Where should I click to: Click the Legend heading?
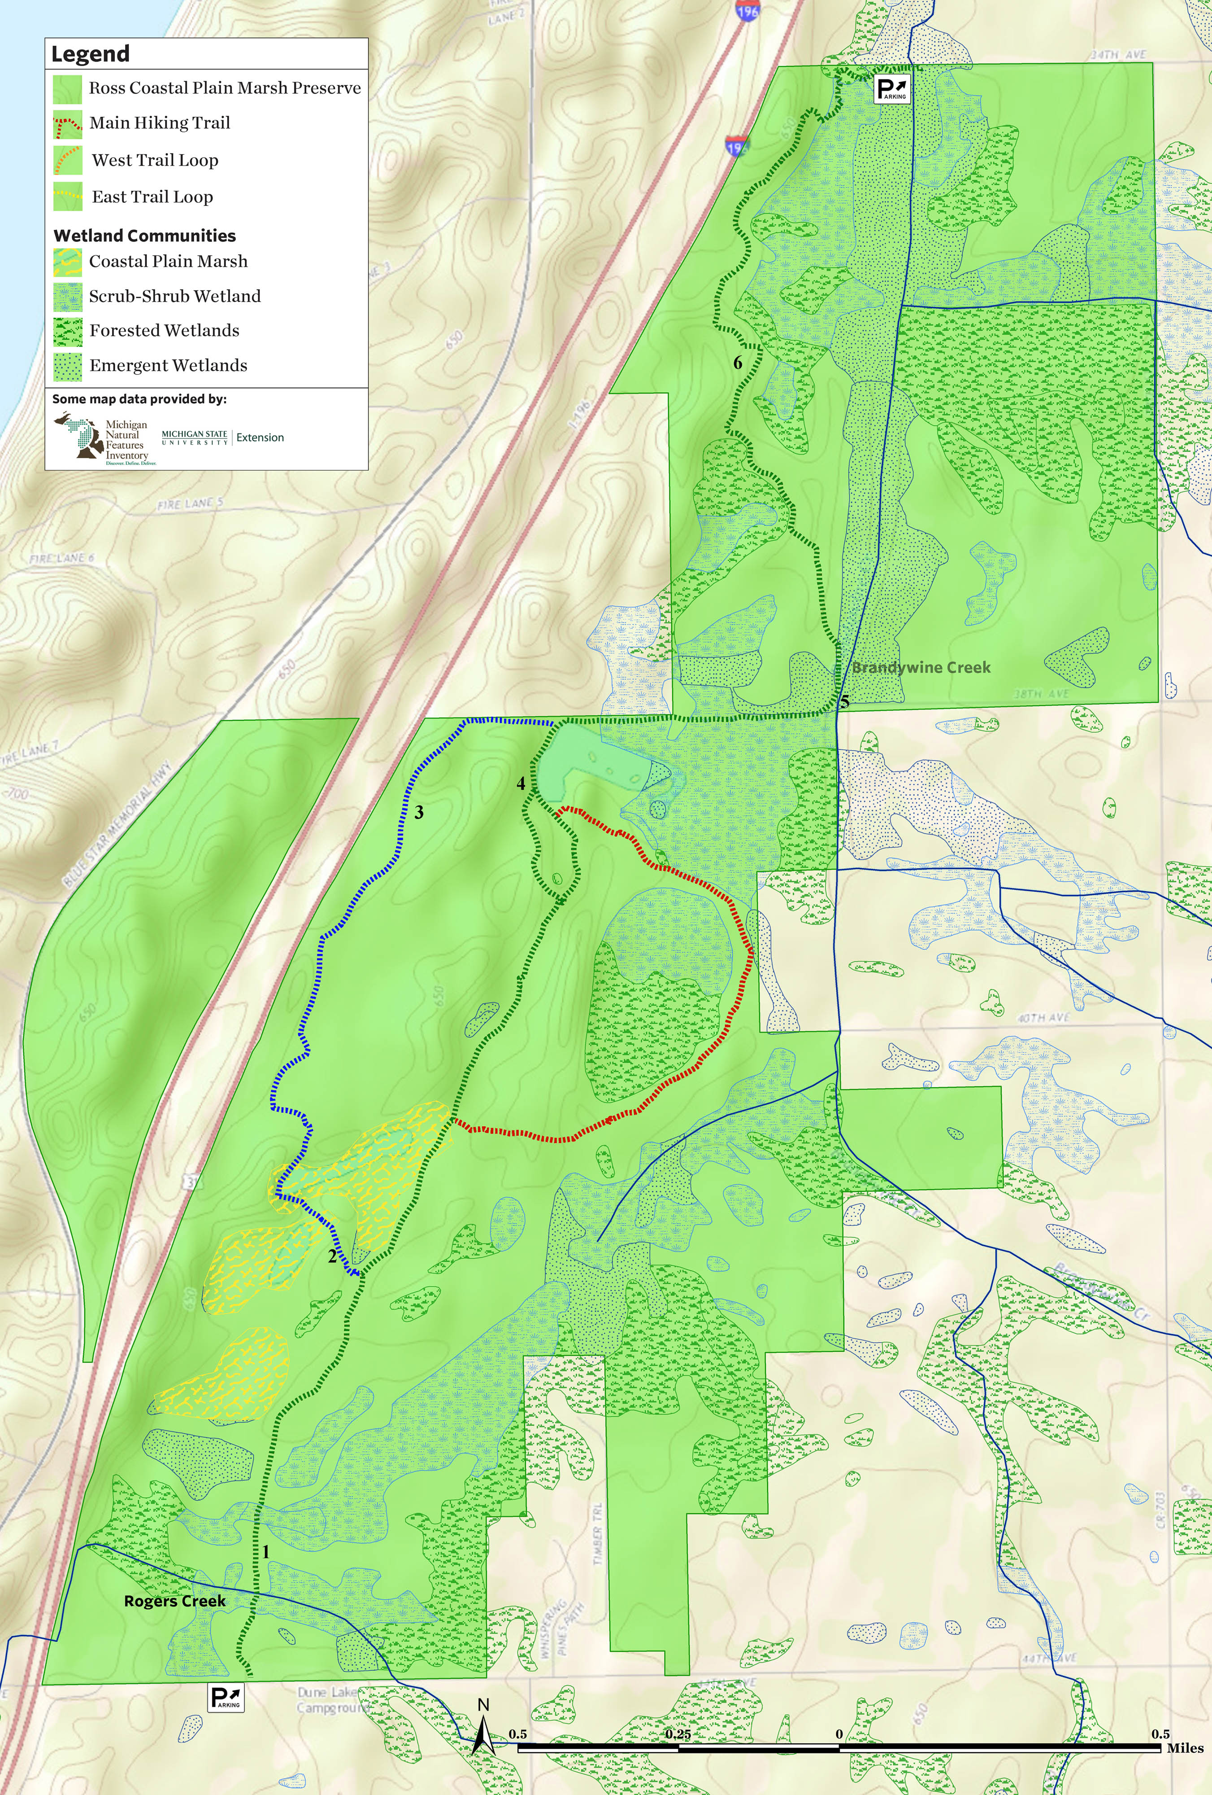tap(90, 54)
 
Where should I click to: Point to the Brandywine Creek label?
tap(921, 667)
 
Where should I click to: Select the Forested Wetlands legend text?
tap(165, 331)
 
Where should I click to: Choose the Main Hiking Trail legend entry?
tap(160, 123)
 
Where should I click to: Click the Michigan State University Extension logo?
tap(222, 437)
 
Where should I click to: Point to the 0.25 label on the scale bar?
tap(678, 1734)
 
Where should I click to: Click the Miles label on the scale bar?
tap(1185, 1748)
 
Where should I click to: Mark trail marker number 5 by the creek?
tap(844, 702)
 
